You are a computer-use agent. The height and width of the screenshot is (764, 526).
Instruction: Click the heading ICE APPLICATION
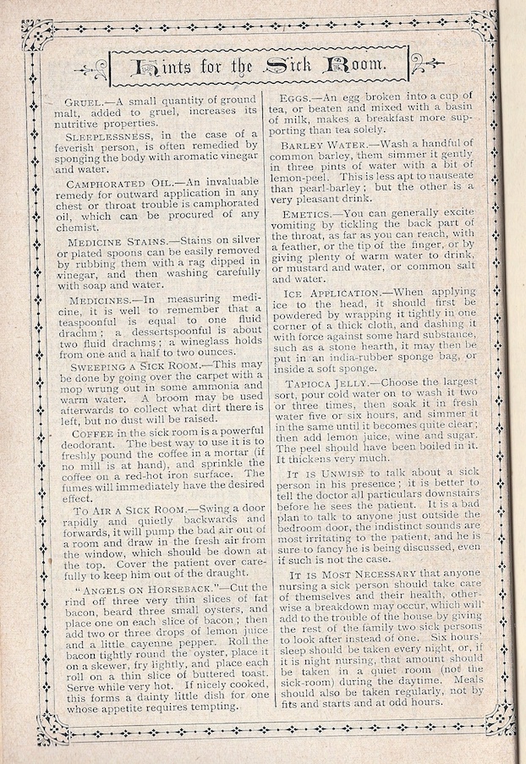click(x=331, y=293)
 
